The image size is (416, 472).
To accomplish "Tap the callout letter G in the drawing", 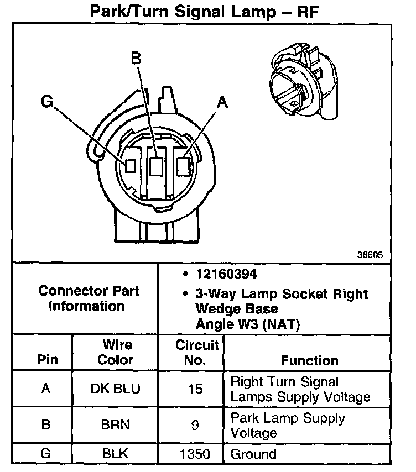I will tap(47, 102).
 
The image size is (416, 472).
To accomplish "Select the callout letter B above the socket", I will tap(136, 57).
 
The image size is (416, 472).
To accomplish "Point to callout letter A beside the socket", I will tap(222, 102).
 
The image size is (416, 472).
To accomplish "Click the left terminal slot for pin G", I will tap(131, 165).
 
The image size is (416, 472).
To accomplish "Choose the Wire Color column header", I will tap(116, 353).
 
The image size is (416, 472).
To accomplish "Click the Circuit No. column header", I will tap(197, 353).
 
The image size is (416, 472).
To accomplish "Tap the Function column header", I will tap(309, 360).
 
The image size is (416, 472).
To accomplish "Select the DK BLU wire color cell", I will tap(115, 389).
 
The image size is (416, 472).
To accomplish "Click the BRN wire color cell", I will tap(115, 426).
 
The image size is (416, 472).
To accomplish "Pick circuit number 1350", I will tap(195, 454).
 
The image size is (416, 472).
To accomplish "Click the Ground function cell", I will tap(253, 454).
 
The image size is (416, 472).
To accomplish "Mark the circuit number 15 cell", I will tap(195, 389).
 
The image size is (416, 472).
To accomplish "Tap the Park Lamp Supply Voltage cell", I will tap(288, 425).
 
